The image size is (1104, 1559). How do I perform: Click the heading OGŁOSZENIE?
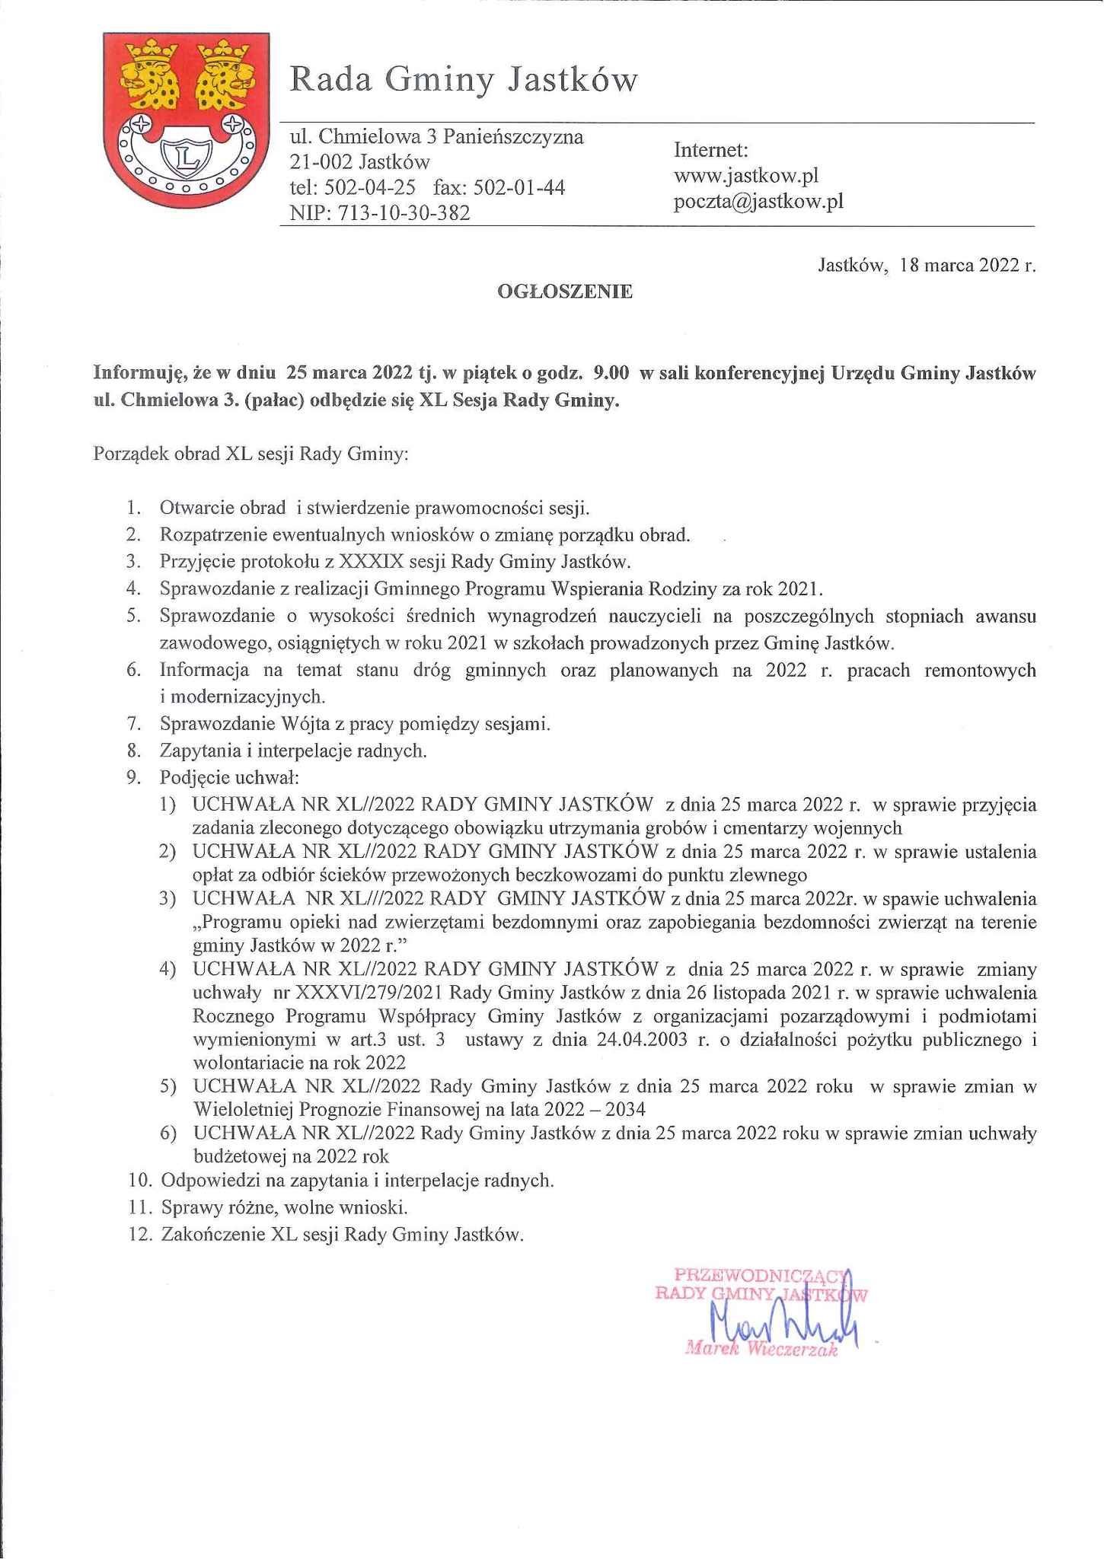coord(564,292)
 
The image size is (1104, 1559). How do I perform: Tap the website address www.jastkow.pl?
coord(745,176)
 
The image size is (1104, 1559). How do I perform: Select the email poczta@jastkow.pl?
coord(758,202)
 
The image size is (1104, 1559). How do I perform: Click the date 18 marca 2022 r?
coord(967,266)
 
